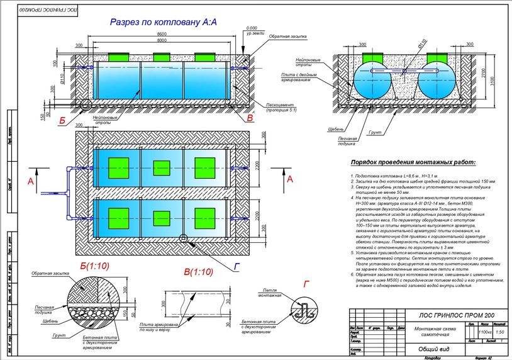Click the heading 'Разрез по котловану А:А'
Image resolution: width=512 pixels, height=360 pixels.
pyautogui.click(x=163, y=23)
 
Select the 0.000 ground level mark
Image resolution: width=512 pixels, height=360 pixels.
pyautogui.click(x=252, y=28)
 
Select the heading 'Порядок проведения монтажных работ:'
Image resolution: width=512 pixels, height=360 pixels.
pyautogui.click(x=413, y=162)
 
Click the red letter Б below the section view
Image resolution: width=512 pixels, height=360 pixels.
pyautogui.click(x=62, y=118)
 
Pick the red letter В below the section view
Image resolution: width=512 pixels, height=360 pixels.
pyautogui.click(x=250, y=118)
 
